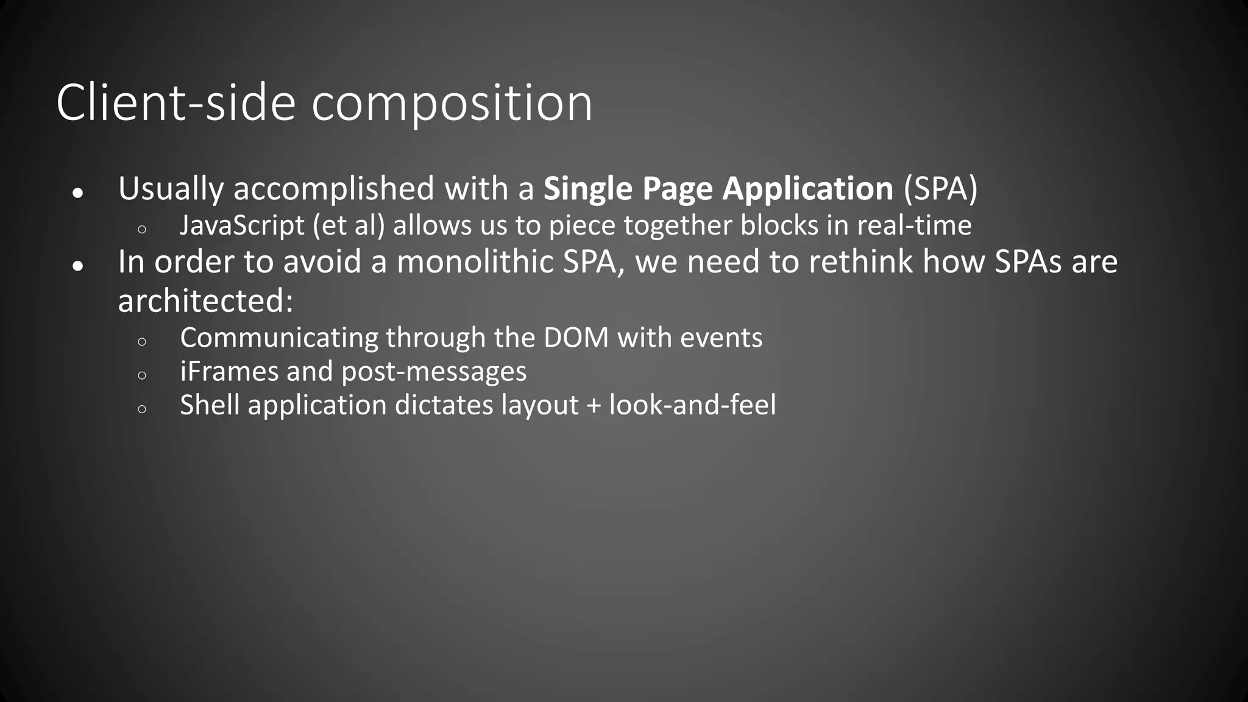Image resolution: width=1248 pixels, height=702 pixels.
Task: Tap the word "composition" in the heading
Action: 452,104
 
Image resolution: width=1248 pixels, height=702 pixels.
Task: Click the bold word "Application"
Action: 807,189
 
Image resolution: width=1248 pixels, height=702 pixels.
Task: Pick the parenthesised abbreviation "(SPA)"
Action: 940,189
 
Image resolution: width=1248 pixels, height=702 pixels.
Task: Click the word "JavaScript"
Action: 242,225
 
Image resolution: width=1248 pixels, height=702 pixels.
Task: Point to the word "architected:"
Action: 205,301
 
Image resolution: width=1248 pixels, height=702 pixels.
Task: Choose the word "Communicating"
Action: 278,338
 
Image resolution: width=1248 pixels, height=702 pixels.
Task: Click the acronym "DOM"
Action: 576,338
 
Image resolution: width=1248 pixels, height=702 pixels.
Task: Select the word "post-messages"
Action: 434,372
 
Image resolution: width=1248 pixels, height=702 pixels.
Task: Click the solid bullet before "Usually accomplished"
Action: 77,193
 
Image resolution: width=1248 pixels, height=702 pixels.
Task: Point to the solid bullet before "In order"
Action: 77,266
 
